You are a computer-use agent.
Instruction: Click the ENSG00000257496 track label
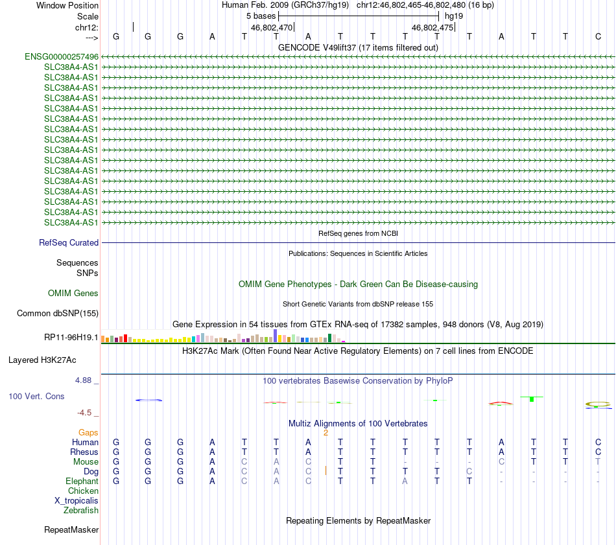pos(62,56)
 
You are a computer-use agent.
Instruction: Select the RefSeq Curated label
pos(69,243)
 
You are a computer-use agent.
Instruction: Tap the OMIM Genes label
pos(73,294)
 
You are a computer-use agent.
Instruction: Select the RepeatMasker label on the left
pos(71,530)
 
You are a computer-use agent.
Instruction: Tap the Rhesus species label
pos(84,452)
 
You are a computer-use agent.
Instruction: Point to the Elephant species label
pos(82,481)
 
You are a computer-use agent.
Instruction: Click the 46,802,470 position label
pos(272,28)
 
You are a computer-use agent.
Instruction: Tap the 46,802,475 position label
pos(432,28)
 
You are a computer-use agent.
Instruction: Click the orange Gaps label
pos(88,432)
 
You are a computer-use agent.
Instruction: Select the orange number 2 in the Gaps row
pos(326,432)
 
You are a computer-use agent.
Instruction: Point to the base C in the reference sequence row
pos(598,37)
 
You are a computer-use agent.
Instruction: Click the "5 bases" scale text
pos(261,16)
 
